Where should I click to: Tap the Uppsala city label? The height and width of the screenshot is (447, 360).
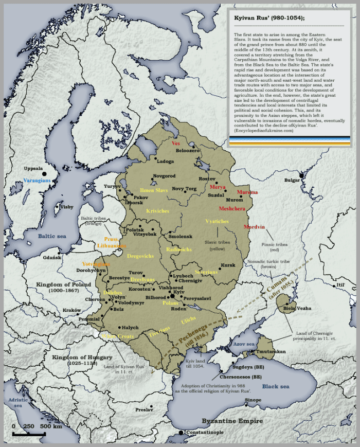click(x=34, y=169)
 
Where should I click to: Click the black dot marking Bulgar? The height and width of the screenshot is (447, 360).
click(x=302, y=176)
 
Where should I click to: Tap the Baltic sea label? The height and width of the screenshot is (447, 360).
click(x=52, y=236)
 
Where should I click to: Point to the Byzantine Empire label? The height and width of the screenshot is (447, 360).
click(x=232, y=421)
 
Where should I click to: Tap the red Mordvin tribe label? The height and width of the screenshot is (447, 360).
click(x=254, y=227)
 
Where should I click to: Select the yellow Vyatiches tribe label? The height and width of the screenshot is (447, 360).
click(x=217, y=221)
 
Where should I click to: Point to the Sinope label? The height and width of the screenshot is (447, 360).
click(x=253, y=400)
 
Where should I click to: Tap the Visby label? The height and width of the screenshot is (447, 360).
click(x=67, y=207)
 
